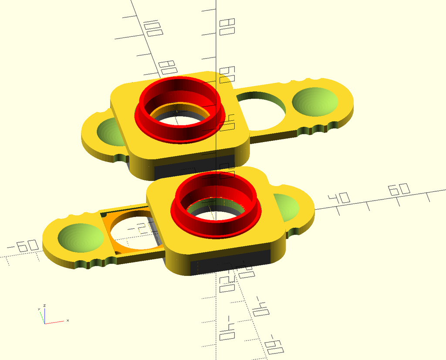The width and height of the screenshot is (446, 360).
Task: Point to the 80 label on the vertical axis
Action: coord(227,27)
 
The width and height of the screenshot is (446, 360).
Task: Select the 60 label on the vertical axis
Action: coord(227,75)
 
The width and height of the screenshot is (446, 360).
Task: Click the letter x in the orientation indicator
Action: coord(68,320)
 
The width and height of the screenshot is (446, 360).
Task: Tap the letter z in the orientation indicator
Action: coord(44,306)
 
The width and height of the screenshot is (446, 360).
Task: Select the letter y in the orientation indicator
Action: coord(39,309)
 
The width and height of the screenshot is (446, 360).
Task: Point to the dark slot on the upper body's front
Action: coord(192,165)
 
